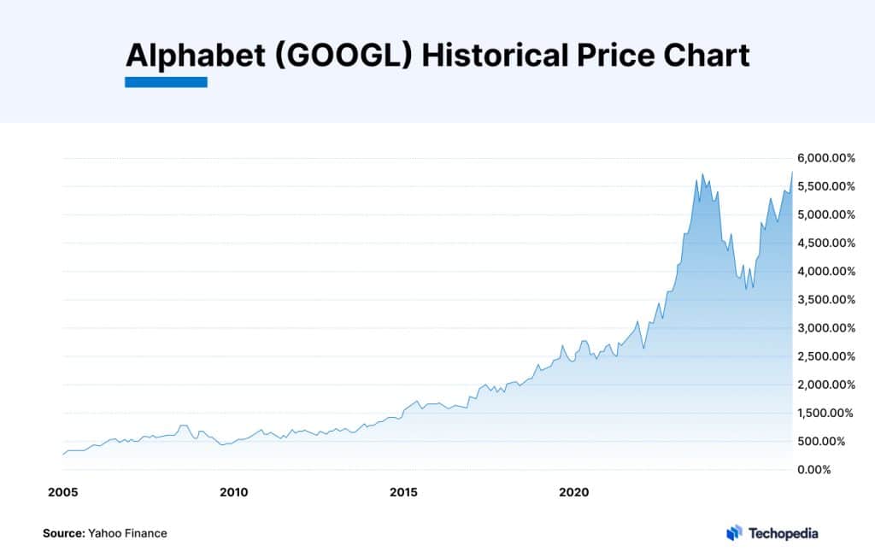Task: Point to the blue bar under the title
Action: [x=166, y=82]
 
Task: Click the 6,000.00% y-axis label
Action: [x=825, y=158]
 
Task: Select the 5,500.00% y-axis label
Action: [x=825, y=186]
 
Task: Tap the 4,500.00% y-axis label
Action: [x=825, y=243]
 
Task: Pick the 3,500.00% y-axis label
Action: [x=825, y=300]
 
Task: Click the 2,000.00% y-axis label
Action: [x=825, y=385]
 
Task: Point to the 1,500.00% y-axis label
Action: [x=825, y=413]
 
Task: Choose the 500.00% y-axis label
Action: [x=829, y=441]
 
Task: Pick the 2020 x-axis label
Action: [x=574, y=492]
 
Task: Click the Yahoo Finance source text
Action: [x=127, y=533]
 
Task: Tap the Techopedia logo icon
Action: [x=734, y=533]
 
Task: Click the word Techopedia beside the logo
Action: [x=783, y=533]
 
